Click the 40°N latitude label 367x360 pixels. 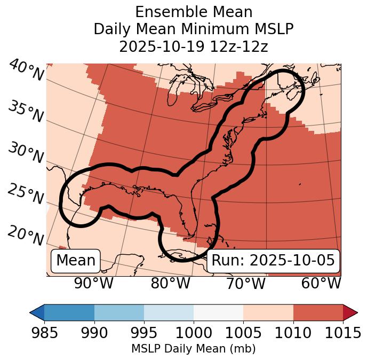(x=26, y=71)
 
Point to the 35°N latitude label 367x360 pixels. (x=26, y=112)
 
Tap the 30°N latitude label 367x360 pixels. (x=26, y=153)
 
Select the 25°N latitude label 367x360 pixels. (x=26, y=195)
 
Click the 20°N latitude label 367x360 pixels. (x=26, y=236)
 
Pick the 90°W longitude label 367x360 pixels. (x=94, y=284)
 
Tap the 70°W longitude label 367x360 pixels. (x=245, y=284)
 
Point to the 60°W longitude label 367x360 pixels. (x=321, y=284)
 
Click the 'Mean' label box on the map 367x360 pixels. (x=76, y=261)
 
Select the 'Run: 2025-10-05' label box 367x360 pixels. (x=273, y=261)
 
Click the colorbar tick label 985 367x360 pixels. (x=44, y=333)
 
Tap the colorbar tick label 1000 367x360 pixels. (x=194, y=333)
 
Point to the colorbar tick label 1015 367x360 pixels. (x=342, y=333)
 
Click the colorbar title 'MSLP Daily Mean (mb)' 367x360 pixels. (x=193, y=349)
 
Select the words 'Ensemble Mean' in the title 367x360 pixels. (x=193, y=12)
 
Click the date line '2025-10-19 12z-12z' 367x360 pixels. (x=193, y=46)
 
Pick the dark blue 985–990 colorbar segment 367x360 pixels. (x=69, y=312)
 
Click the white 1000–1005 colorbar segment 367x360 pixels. (x=218, y=312)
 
